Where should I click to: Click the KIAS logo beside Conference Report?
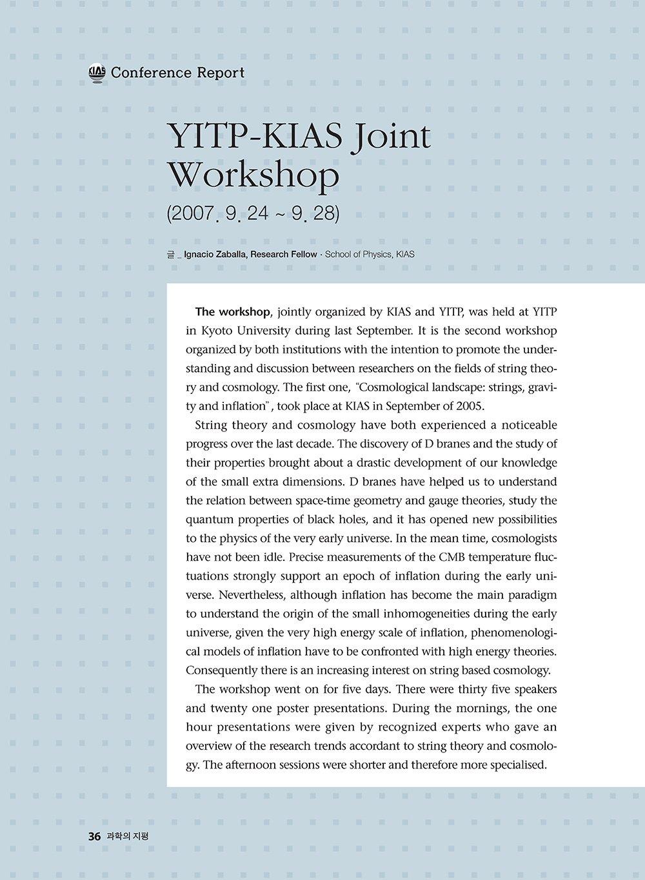pyautogui.click(x=97, y=73)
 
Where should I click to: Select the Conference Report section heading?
pyautogui.click(x=177, y=73)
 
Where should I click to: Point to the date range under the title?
pyautogui.click(x=252, y=213)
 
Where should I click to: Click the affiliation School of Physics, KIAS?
pyautogui.click(x=370, y=255)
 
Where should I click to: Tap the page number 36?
pyautogui.click(x=94, y=837)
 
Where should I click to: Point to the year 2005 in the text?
pyautogui.click(x=470, y=407)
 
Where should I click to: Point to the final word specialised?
pyautogui.click(x=517, y=765)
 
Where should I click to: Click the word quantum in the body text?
pyautogui.click(x=208, y=520)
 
